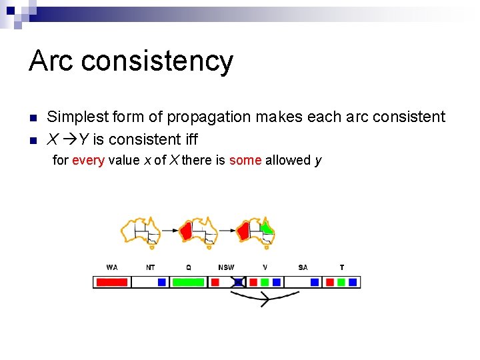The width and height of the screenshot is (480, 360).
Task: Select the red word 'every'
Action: point(88,160)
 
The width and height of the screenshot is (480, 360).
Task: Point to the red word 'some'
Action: point(245,160)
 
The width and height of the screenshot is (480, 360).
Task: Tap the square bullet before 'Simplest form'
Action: point(33,118)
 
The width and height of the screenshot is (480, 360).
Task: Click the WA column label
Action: point(112,267)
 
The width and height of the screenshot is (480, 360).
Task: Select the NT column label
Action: point(151,267)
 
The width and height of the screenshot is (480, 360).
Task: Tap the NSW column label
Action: point(226,267)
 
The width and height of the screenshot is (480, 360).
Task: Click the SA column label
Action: point(303,267)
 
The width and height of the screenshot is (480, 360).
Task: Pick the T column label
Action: point(342,267)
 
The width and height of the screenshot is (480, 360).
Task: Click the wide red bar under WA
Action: point(112,282)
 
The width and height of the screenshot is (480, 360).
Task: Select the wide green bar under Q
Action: point(188,282)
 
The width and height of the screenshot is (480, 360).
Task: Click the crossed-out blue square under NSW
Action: point(238,282)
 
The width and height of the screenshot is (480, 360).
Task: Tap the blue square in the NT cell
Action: point(161,282)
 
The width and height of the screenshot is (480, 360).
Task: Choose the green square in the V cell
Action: point(264,282)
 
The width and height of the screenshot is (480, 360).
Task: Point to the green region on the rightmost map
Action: point(267,228)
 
